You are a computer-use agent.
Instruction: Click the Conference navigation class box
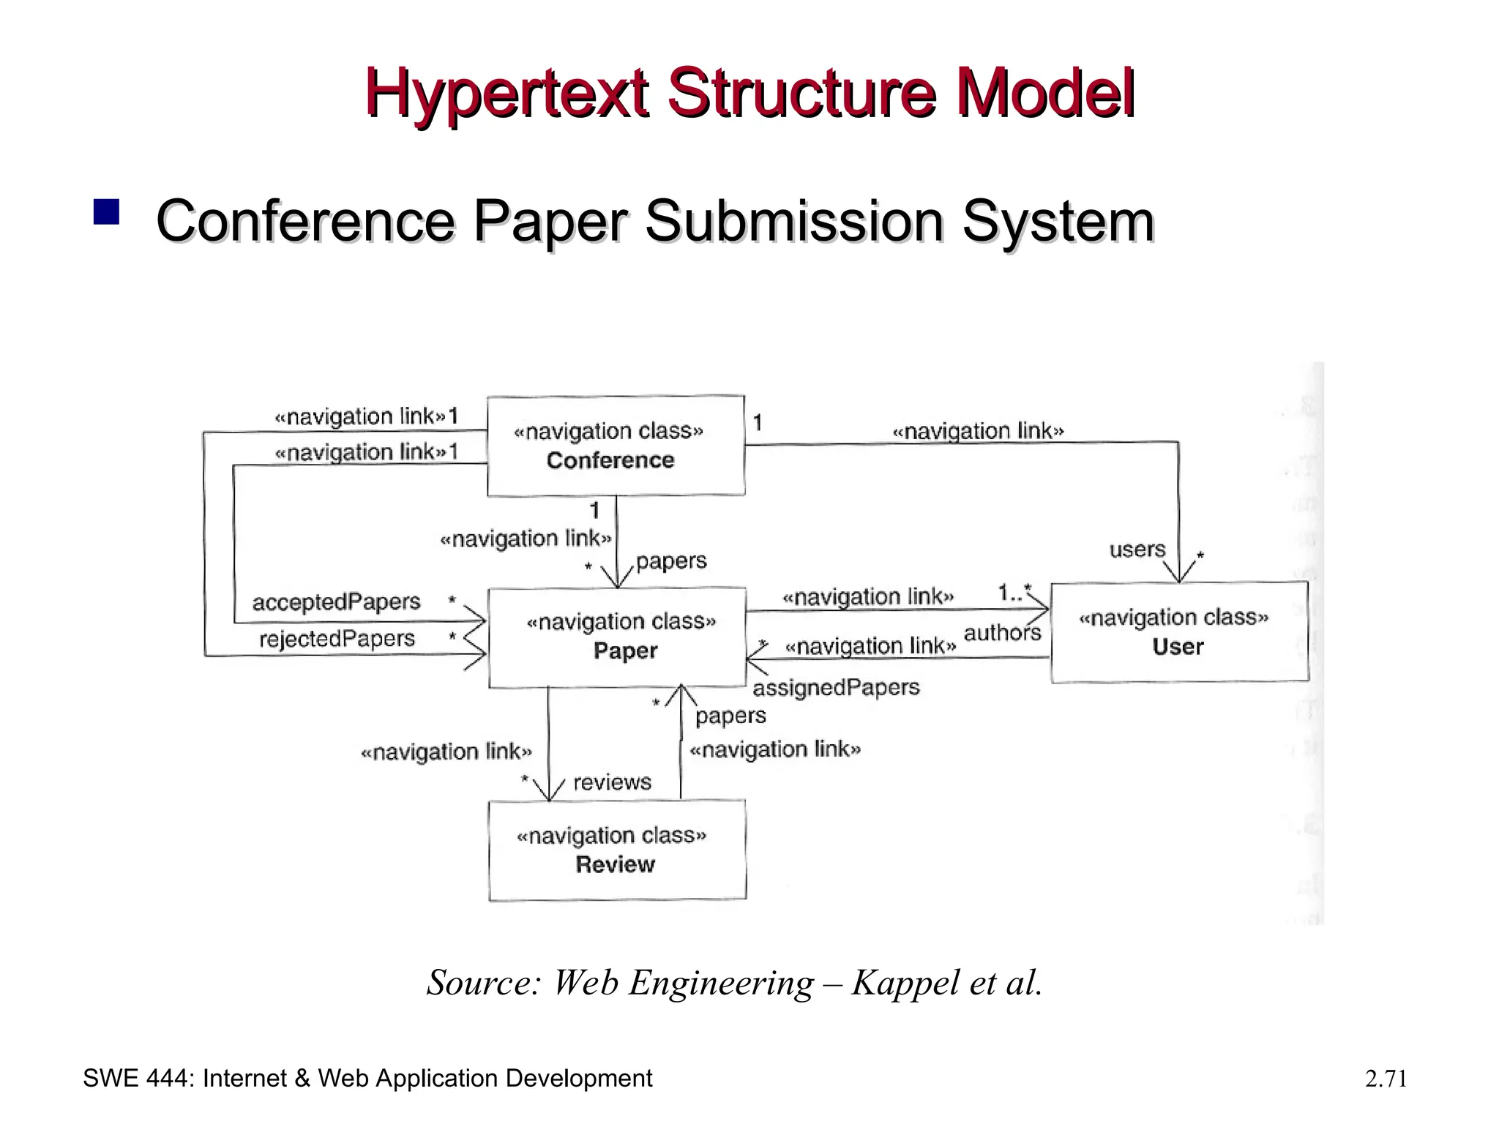click(x=616, y=446)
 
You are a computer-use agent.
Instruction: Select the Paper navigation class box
click(x=617, y=637)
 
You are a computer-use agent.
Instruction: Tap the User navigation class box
click(x=1178, y=632)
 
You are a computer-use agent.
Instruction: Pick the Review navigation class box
click(x=617, y=850)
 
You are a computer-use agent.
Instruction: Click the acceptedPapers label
click(x=336, y=602)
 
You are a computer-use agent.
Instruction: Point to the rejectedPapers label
click(x=337, y=639)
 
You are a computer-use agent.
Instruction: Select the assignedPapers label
click(x=836, y=688)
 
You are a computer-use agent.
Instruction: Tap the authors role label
click(x=1002, y=633)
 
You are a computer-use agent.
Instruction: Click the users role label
click(x=1137, y=550)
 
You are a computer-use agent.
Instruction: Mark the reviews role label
click(x=612, y=782)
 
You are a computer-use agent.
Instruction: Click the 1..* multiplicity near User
click(x=1014, y=593)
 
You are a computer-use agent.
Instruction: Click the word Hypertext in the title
click(x=506, y=92)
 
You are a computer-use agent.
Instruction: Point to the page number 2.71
click(x=1386, y=1079)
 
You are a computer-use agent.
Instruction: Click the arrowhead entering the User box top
click(x=1180, y=574)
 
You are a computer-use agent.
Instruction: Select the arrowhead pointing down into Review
click(x=548, y=793)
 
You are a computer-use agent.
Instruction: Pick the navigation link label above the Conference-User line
click(x=978, y=432)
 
